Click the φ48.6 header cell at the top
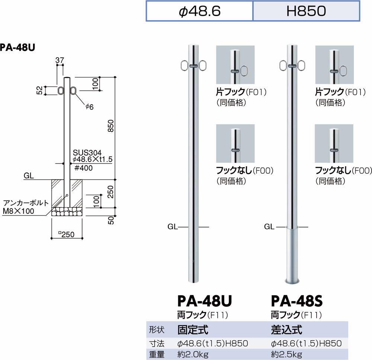(x=200, y=11)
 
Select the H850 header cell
(x=307, y=11)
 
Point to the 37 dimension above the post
(x=60, y=60)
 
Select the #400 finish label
(x=83, y=168)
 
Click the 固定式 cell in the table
(x=193, y=329)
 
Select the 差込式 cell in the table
(x=286, y=329)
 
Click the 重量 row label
(x=156, y=354)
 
